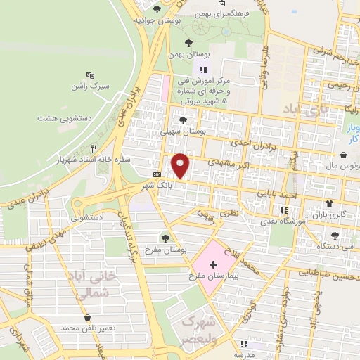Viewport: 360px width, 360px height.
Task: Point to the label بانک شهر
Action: coord(156,184)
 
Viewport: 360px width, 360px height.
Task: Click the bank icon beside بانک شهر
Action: coord(155,174)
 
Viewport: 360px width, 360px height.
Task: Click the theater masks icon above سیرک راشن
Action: coord(89,74)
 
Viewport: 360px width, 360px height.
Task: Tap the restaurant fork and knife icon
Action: coord(94,148)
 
